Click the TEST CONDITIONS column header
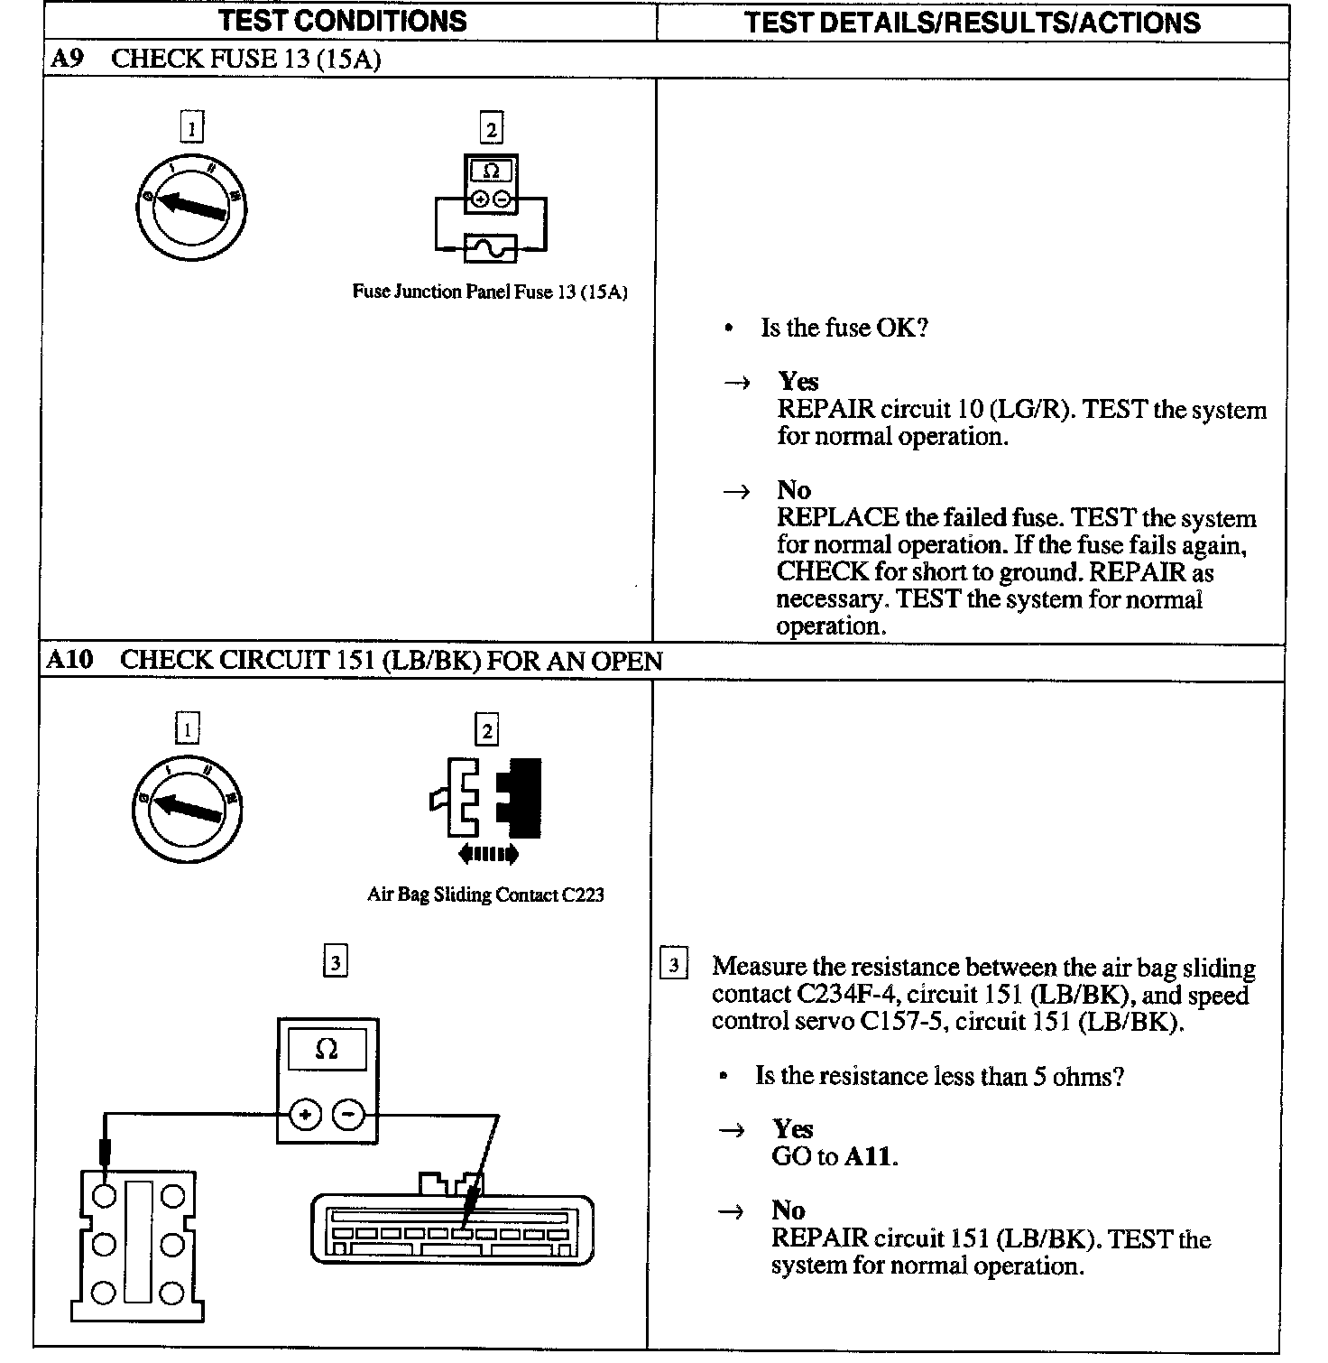click(x=343, y=21)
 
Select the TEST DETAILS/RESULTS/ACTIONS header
click(x=972, y=23)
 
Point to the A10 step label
click(x=69, y=660)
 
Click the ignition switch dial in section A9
click(x=190, y=209)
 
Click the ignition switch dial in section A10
click(x=187, y=808)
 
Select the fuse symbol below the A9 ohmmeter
click(x=491, y=247)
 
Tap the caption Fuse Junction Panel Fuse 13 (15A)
click(x=490, y=292)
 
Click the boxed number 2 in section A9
click(x=491, y=129)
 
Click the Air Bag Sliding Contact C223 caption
click(x=485, y=895)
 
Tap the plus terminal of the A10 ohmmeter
click(x=306, y=1116)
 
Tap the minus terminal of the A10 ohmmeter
click(x=348, y=1116)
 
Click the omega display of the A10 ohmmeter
click(x=327, y=1049)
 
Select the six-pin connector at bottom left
click(x=137, y=1245)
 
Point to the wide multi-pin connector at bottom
click(x=452, y=1228)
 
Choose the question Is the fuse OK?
click(x=844, y=328)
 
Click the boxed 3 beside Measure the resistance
click(x=674, y=965)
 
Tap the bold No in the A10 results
click(x=788, y=1210)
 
